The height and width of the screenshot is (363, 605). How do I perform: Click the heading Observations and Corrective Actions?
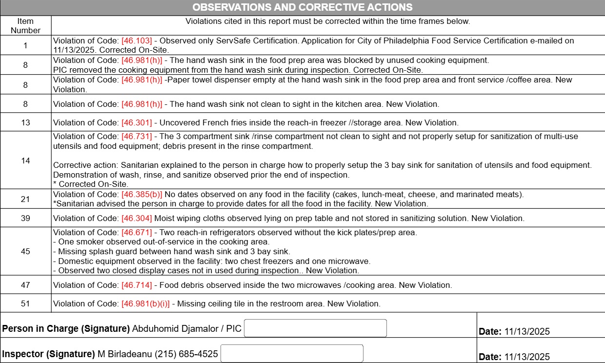302,7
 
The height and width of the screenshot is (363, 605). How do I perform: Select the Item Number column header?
25,26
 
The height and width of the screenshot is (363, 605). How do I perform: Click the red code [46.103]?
137,41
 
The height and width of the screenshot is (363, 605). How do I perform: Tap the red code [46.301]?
137,122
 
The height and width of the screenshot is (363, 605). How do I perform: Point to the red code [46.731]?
137,137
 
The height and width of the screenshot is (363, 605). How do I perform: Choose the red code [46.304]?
137,218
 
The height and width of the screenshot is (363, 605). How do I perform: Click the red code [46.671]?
137,232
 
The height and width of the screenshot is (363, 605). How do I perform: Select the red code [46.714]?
137,285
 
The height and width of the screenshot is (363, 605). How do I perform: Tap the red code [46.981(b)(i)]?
145,303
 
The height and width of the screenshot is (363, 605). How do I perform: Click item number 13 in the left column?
25,122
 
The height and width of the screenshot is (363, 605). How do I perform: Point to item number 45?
25,251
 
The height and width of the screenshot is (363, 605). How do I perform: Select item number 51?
25,303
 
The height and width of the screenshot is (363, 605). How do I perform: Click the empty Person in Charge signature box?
315,328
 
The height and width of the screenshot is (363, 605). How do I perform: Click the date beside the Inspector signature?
527,357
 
